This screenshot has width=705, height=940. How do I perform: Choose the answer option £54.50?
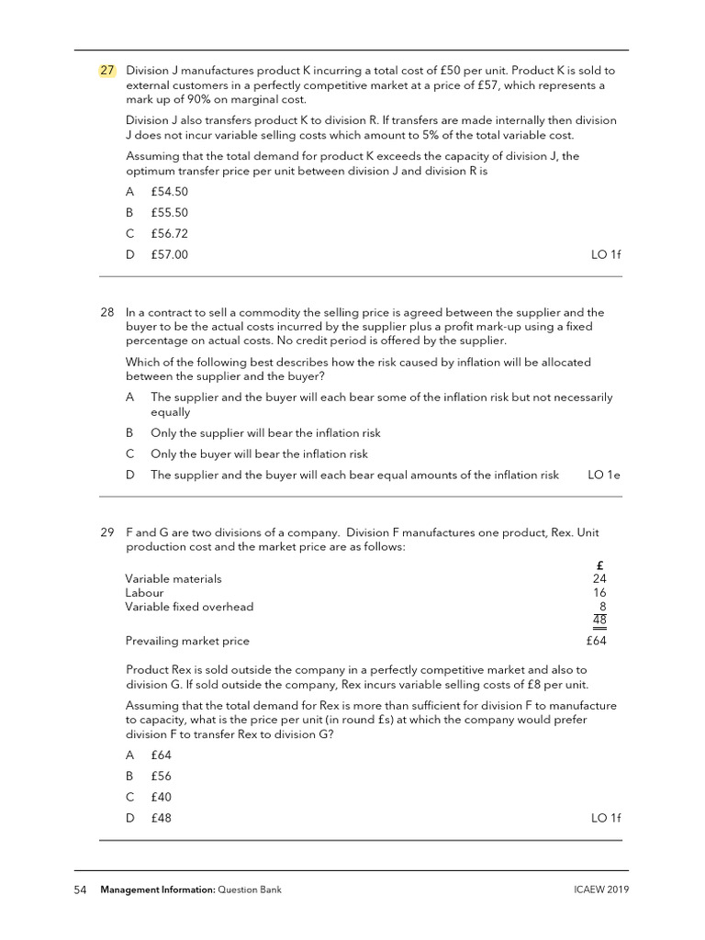pyautogui.click(x=169, y=191)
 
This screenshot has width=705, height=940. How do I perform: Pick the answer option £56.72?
pyautogui.click(x=169, y=233)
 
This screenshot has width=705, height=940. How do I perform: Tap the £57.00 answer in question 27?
pyautogui.click(x=169, y=254)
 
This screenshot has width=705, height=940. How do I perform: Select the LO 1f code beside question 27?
pyautogui.click(x=606, y=254)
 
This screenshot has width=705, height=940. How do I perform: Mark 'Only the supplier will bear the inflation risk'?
pyautogui.click(x=265, y=432)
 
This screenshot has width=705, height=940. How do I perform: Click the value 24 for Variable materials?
pyautogui.click(x=599, y=579)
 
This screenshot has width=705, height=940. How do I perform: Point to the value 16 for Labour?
pyautogui.click(x=599, y=593)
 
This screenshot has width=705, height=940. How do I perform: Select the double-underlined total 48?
pyautogui.click(x=599, y=621)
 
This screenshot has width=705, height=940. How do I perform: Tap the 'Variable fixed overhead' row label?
pyautogui.click(x=189, y=607)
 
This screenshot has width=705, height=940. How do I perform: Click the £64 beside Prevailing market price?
pyautogui.click(x=596, y=641)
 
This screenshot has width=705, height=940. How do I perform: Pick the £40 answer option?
pyautogui.click(x=162, y=797)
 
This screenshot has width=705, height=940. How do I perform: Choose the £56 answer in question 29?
pyautogui.click(x=162, y=776)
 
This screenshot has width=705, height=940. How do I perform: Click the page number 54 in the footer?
pyautogui.click(x=80, y=890)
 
